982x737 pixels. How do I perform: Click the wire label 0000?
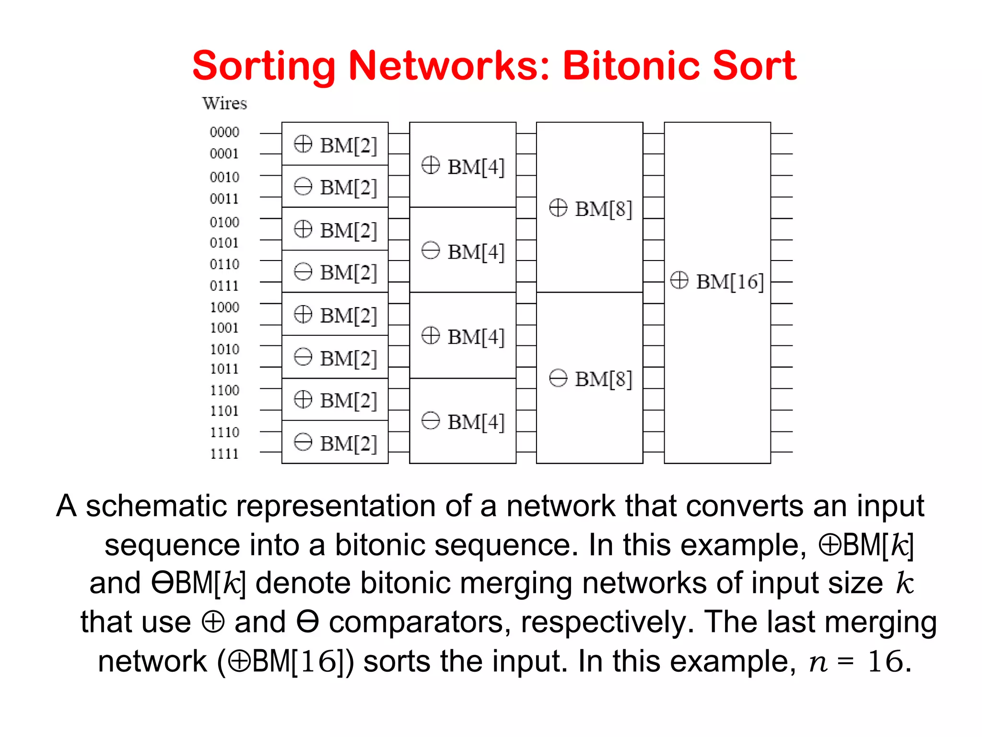pos(224,132)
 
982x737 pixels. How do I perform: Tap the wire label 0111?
pos(224,286)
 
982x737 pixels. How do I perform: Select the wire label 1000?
pos(224,307)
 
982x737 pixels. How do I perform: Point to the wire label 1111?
pos(224,453)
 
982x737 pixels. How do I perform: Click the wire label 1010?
pos(224,349)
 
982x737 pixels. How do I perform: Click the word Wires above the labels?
pos(224,103)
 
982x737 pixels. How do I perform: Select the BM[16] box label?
pos(717,282)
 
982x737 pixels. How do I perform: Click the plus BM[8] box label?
pos(590,209)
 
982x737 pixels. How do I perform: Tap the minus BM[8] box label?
pos(590,379)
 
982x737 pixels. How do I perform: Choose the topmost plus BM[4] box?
pos(463,166)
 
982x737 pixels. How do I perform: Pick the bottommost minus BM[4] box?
pos(463,421)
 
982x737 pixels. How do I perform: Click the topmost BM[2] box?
pos(335,144)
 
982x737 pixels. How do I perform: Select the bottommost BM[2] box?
pos(335,442)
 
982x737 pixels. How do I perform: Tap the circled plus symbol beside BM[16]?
pos(679,280)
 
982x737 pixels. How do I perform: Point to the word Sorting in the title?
pos(264,66)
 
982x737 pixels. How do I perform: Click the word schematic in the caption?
pos(156,506)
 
